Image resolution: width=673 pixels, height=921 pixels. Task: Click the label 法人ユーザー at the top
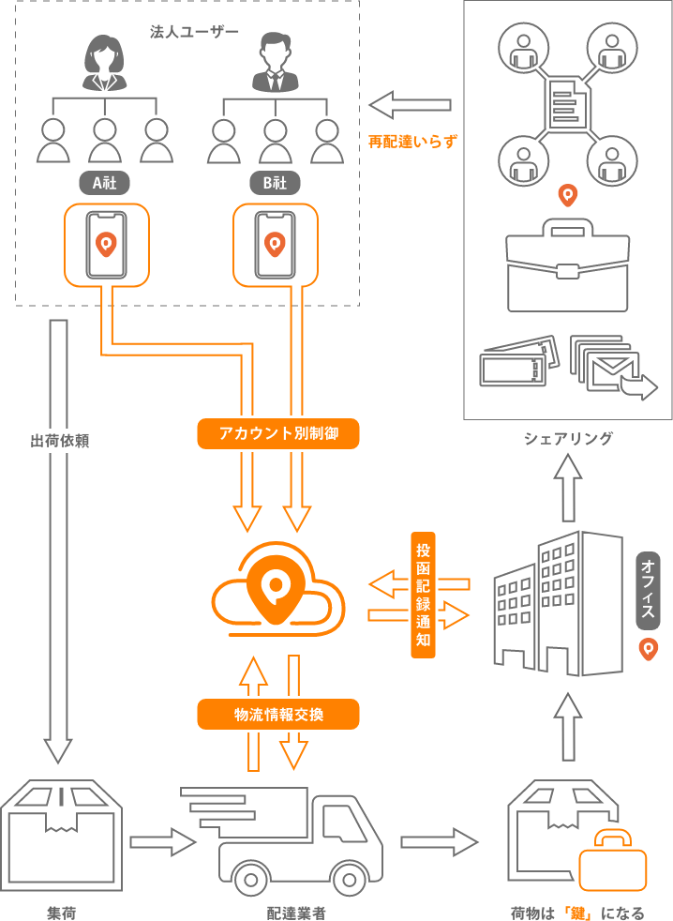coord(194,32)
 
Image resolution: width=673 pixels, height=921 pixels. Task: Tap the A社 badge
coord(105,183)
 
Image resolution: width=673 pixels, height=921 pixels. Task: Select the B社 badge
coord(275,183)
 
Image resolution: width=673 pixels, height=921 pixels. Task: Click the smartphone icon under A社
coord(106,245)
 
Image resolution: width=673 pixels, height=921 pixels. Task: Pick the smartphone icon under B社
coord(275,245)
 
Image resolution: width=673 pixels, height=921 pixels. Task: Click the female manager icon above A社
coord(105,63)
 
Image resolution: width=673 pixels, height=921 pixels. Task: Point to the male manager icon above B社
coord(275,63)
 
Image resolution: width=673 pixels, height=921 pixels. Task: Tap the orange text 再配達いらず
coord(412,142)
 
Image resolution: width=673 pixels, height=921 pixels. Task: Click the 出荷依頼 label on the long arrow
coord(61,441)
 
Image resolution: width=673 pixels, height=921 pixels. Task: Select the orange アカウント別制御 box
coord(278,433)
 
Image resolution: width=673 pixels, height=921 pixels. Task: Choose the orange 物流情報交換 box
coord(278,715)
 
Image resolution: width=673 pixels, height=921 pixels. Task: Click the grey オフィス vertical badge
coord(648,590)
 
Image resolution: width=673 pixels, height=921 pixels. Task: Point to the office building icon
coord(559,605)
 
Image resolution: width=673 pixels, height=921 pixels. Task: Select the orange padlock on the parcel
coord(612,860)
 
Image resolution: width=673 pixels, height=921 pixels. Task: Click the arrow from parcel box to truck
coord(161,841)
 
